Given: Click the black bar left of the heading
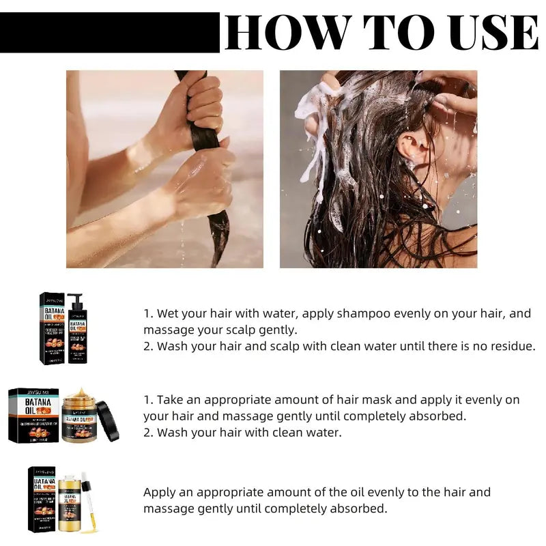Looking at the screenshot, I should (x=109, y=32).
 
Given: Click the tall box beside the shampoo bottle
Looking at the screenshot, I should (x=53, y=328).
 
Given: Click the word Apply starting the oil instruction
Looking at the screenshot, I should (x=159, y=492).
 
